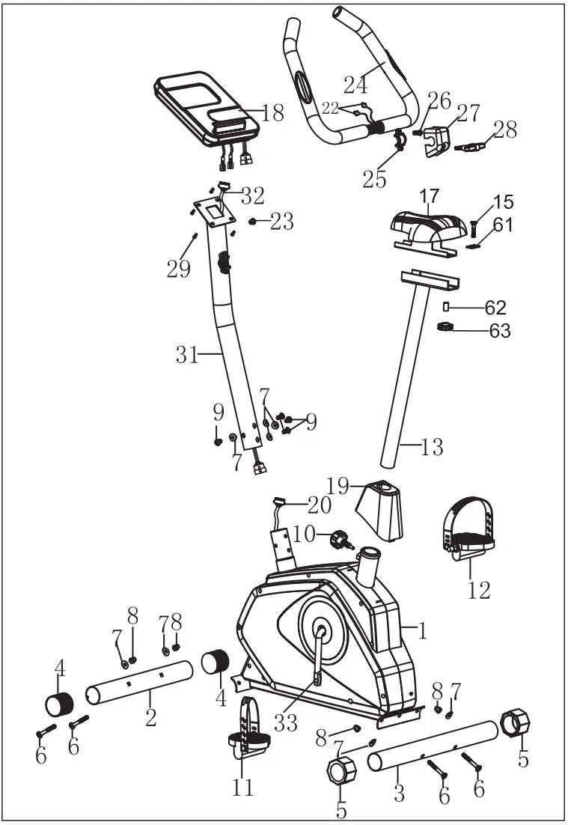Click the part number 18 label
pos(274,114)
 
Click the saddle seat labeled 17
pos(424,225)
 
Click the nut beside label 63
pos(447,327)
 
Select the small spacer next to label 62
pos(446,306)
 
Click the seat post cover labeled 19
pos(380,509)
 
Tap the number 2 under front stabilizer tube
pos(151,718)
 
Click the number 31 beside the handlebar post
pos(187,355)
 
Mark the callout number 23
pos(282,222)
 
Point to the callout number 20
pos(319,506)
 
